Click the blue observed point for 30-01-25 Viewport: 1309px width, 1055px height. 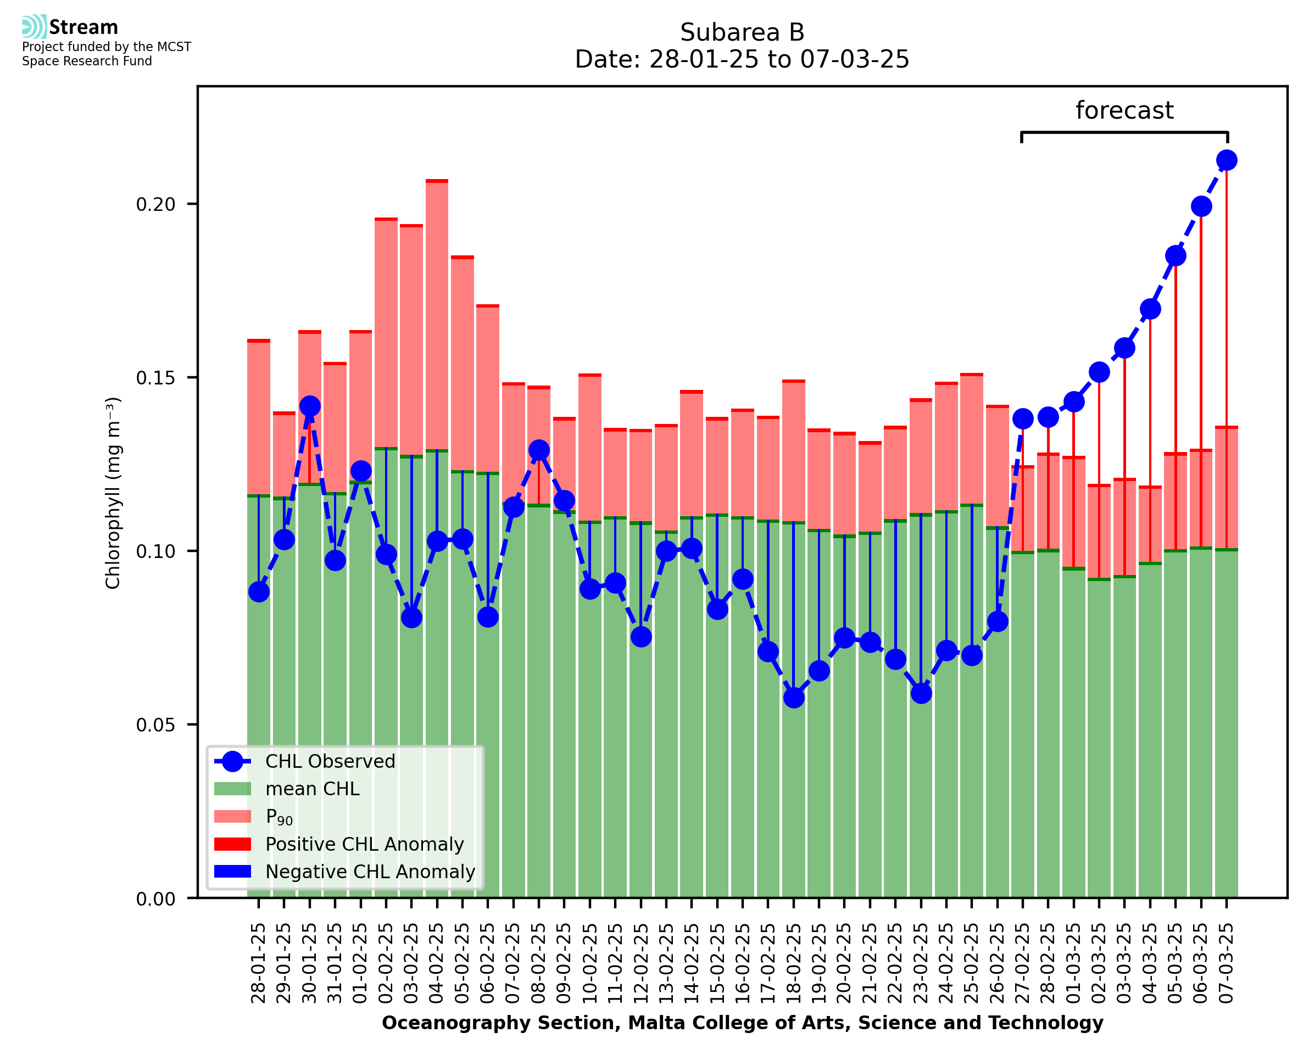[309, 406]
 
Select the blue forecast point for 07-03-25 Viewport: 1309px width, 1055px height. [1227, 160]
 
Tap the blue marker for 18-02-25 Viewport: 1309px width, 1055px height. [794, 697]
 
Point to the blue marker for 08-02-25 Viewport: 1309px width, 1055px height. [538, 450]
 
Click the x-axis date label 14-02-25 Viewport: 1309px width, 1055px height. [692, 964]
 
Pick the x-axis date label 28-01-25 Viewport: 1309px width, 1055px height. [258, 964]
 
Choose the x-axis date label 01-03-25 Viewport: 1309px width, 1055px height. [1074, 964]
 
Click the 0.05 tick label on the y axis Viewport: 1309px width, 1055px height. [155, 725]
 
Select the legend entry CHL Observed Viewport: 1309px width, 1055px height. [330, 762]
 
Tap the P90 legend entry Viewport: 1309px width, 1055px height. [279, 817]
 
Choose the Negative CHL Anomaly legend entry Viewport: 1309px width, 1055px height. [370, 872]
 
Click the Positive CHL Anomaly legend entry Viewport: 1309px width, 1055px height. [365, 844]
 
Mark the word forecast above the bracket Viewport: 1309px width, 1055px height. [1124, 110]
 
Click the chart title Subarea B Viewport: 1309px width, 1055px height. [742, 32]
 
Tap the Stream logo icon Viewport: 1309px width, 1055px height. [34, 27]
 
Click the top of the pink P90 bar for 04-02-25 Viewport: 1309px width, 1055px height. [437, 181]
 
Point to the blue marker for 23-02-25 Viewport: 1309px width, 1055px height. [921, 693]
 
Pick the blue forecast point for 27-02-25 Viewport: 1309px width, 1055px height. [1023, 418]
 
